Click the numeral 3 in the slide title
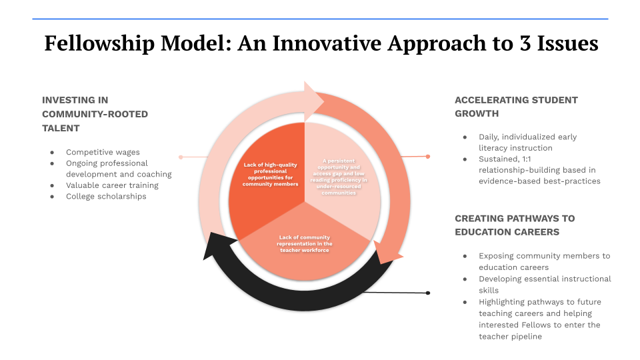coord(525,43)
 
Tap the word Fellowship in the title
coord(99,43)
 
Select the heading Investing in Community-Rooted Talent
coord(95,114)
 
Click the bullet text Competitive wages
coord(103,152)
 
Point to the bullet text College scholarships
coord(106,196)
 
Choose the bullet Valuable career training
coord(112,185)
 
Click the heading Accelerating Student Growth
coord(516,107)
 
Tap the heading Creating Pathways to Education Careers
coord(515,225)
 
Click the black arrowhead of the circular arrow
coord(214,245)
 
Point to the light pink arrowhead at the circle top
coord(313,101)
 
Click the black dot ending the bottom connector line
coord(428,293)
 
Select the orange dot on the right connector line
coord(428,156)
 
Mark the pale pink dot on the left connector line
coord(181,157)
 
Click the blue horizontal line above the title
coord(320,19)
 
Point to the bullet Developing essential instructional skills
coord(545,285)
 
